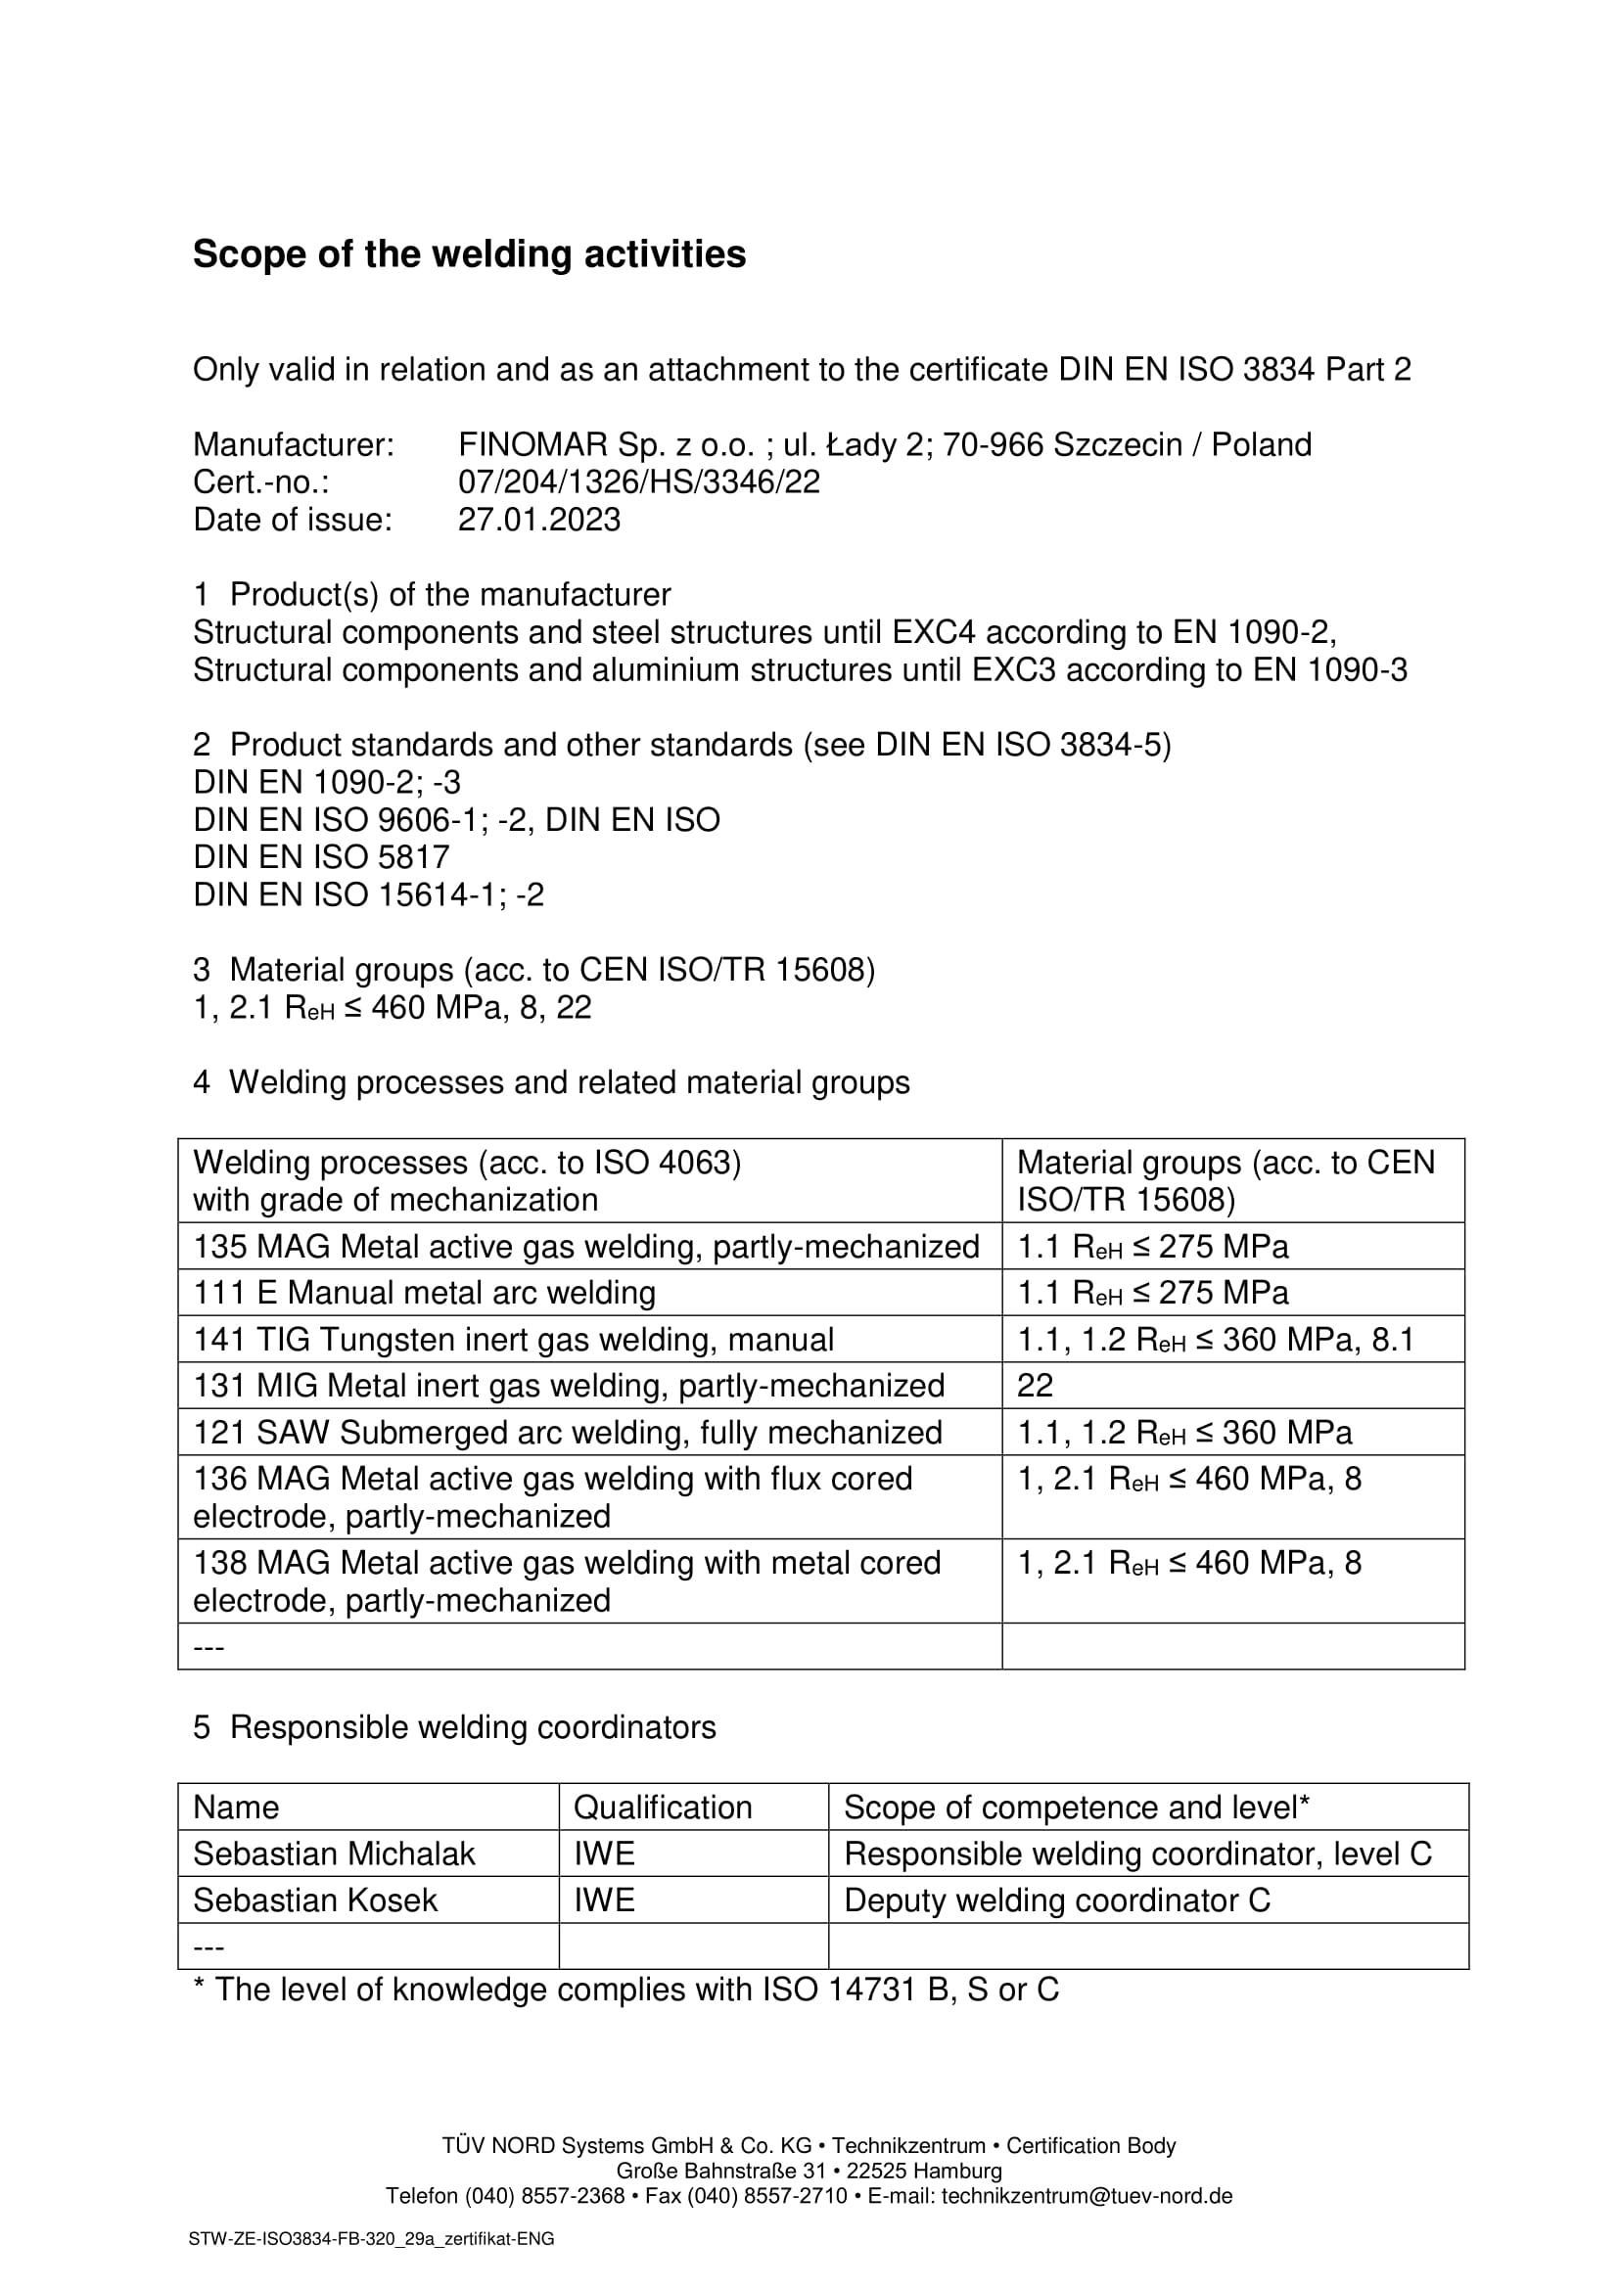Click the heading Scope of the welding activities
[x=469, y=254]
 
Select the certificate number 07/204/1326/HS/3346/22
[x=638, y=482]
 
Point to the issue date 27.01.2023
[x=538, y=521]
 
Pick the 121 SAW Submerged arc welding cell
[x=568, y=1433]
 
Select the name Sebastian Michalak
[x=334, y=1854]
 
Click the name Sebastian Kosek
[x=315, y=1900]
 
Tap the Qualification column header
[x=662, y=1808]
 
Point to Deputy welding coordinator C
[x=1057, y=1900]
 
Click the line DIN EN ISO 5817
[x=321, y=857]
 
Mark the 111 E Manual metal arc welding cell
[x=424, y=1293]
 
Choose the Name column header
[x=236, y=1808]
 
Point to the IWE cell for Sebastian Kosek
[x=604, y=1900]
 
